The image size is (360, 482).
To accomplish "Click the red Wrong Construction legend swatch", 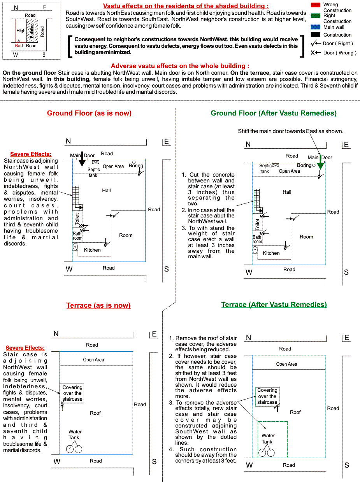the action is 315,5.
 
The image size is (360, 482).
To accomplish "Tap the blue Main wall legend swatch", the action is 315,27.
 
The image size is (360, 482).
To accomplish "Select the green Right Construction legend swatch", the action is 315,16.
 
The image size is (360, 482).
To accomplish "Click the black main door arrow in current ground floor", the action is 82,159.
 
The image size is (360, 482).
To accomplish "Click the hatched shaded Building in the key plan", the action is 32,30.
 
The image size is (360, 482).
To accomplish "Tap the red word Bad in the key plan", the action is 19,46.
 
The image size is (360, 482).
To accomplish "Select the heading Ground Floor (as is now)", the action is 89,113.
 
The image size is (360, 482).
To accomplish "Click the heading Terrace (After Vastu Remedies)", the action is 274,305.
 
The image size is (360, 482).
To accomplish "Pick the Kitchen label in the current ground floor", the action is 92,250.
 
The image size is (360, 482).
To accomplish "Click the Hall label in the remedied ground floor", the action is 287,192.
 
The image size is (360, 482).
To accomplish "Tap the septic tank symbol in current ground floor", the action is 96,162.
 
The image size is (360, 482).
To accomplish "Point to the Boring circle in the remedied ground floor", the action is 314,165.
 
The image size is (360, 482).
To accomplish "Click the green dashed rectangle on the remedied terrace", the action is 272,439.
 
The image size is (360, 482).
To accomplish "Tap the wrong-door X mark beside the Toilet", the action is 81,226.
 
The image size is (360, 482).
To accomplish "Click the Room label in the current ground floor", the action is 126,235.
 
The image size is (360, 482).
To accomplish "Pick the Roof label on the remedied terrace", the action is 295,412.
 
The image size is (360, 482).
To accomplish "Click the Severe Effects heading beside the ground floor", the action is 31,154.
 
